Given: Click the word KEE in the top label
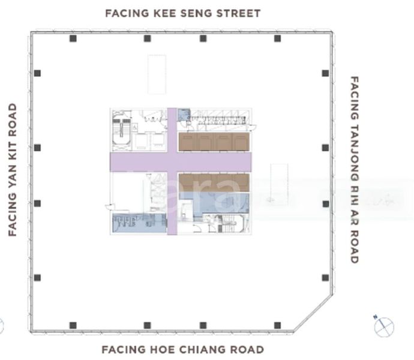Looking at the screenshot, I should (157, 13).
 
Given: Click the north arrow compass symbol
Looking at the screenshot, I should (383, 327).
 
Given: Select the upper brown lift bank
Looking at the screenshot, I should (214, 142).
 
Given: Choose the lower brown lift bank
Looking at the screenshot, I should (214, 182).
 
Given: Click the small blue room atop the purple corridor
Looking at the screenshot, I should (184, 114).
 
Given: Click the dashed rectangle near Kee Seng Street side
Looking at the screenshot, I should (157, 74).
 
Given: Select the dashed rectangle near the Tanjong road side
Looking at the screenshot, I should (279, 184).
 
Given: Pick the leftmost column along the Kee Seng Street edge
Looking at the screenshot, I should (73, 38).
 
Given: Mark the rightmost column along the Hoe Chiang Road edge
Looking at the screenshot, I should (277, 325).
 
